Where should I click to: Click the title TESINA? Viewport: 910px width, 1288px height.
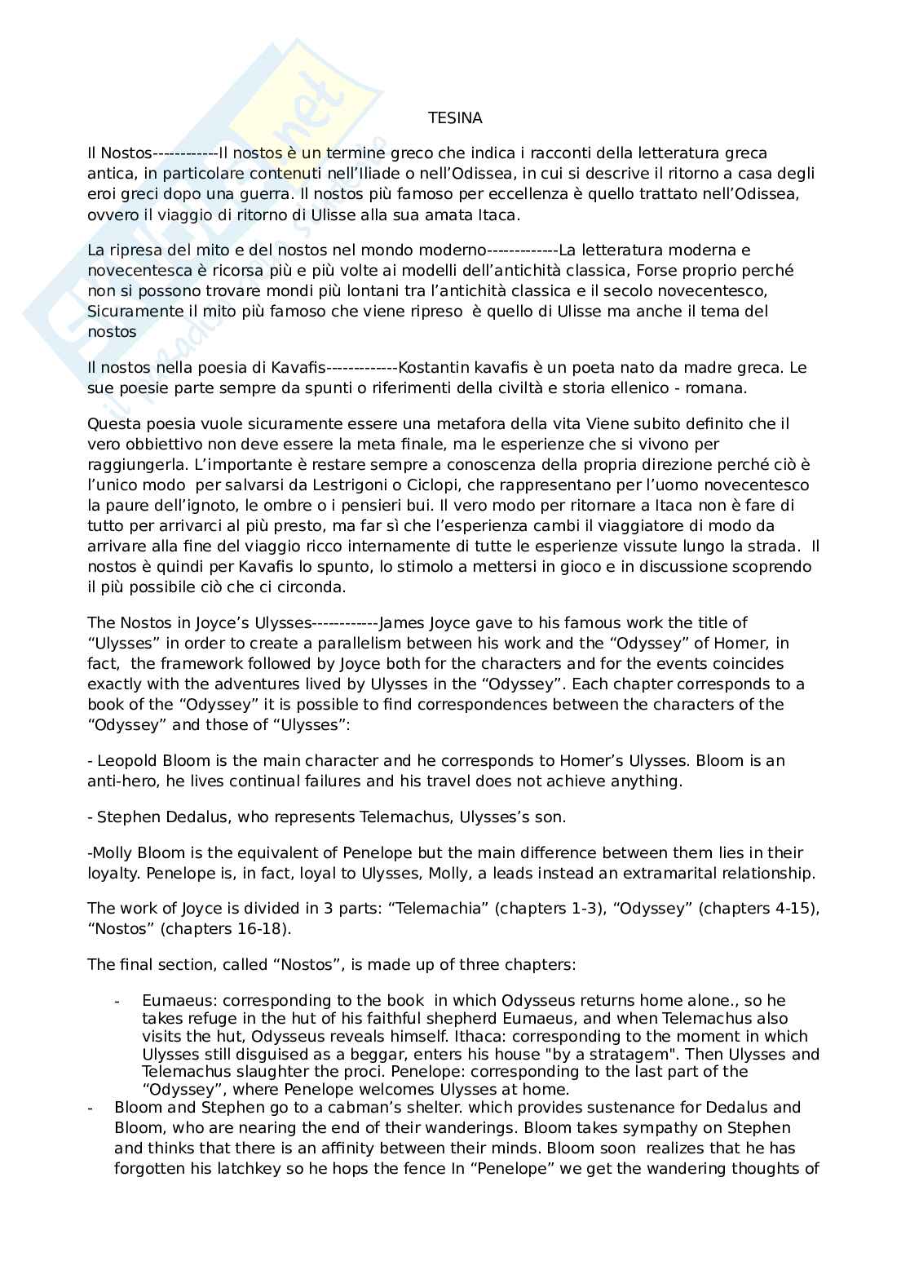point(455,118)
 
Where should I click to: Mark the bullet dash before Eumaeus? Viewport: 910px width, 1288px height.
point(117,1001)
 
